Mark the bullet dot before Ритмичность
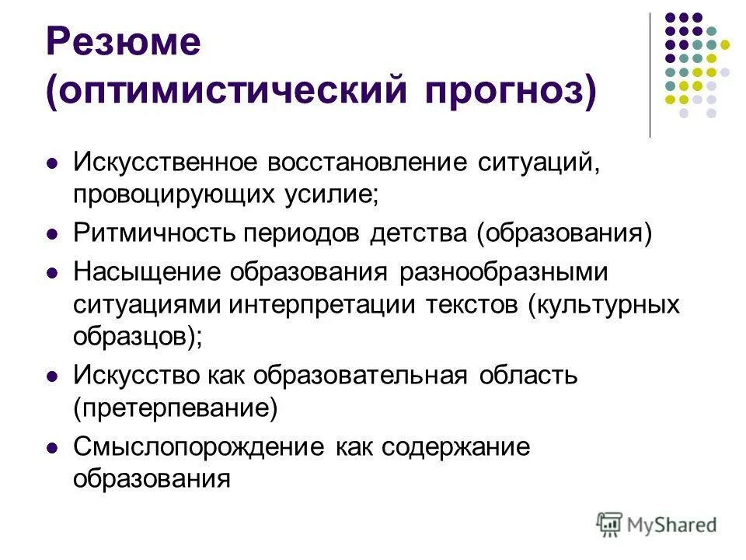(x=52, y=234)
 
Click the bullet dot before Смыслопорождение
(x=52, y=448)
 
